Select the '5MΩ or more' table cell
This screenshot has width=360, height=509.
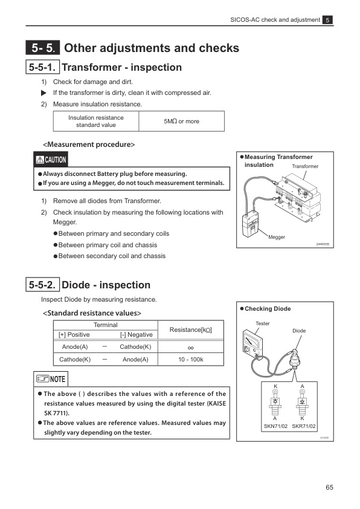coord(181,122)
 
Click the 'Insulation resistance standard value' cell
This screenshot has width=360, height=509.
coord(96,122)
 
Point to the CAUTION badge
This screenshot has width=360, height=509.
coord(51,160)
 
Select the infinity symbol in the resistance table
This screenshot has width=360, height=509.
coord(190,347)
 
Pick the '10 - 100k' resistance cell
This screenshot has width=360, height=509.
coord(190,360)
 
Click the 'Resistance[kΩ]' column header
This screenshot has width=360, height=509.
coord(190,329)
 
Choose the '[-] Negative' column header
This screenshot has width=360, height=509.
coord(136,334)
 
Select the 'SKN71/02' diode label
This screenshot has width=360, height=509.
coord(275,426)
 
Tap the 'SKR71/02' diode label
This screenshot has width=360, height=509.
coord(303,426)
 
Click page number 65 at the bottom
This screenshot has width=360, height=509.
coord(329,488)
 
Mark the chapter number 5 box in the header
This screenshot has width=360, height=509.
coord(327,20)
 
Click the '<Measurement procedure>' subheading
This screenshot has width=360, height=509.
coord(88,144)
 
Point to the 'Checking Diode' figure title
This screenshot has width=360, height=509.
coord(267,309)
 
